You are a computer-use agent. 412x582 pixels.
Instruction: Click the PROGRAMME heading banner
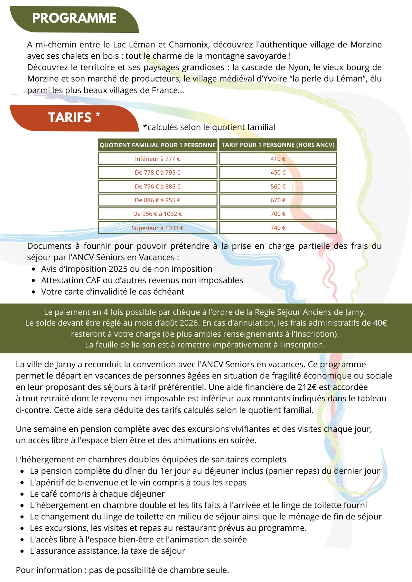(x=74, y=18)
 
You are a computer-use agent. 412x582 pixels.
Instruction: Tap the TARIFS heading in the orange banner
(x=74, y=118)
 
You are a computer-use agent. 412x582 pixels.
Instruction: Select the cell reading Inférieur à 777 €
(x=157, y=159)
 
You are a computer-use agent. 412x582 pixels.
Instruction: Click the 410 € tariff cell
(x=278, y=159)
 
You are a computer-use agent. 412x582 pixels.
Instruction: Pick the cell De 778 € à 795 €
(x=157, y=173)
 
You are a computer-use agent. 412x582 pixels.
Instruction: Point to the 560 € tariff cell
(x=278, y=186)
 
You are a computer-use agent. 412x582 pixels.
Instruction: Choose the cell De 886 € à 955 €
(x=157, y=200)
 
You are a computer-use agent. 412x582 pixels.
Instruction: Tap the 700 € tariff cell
(x=278, y=214)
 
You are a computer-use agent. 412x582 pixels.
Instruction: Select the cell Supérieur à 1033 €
(x=157, y=228)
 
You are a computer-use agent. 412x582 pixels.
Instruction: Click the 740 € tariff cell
(x=278, y=228)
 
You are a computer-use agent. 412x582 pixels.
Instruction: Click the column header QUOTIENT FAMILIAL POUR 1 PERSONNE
(x=157, y=145)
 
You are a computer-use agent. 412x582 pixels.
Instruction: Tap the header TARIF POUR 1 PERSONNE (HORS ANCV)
(x=278, y=145)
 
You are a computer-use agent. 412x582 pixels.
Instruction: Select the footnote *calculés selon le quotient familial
(x=209, y=127)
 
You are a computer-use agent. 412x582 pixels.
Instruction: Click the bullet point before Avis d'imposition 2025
(x=33, y=269)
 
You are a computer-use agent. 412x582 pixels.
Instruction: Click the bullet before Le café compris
(x=22, y=494)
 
